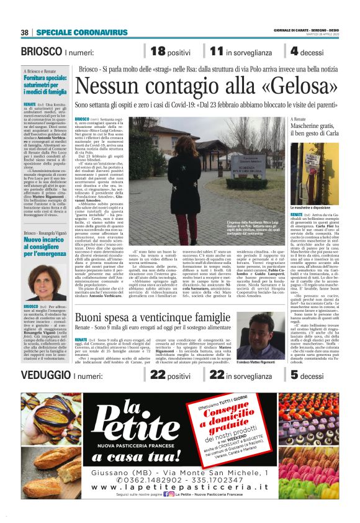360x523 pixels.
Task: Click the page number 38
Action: [25, 32]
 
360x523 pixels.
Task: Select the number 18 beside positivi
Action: [158, 52]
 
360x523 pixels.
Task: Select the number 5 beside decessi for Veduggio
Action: [294, 375]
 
